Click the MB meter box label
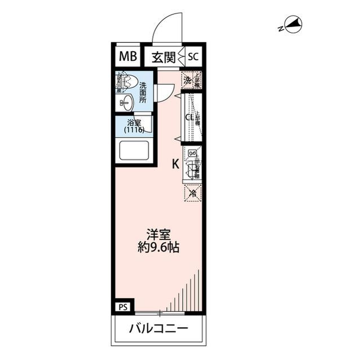point(127,56)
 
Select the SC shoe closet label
point(193,56)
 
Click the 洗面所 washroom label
point(143,93)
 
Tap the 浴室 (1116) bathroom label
point(134,126)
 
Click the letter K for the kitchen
point(175,164)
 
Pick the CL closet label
point(190,118)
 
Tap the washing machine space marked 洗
point(187,80)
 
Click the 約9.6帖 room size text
point(159,247)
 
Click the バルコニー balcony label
point(159,328)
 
